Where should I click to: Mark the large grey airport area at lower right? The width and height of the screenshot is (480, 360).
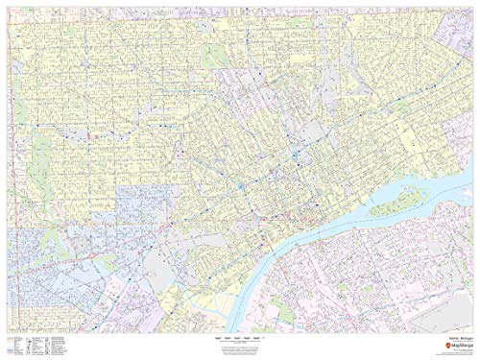[422, 288]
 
